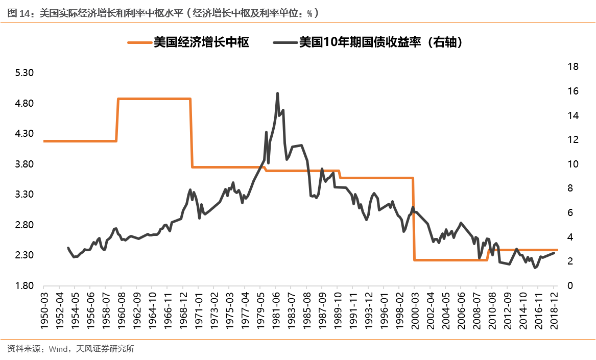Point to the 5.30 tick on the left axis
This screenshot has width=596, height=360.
[25, 73]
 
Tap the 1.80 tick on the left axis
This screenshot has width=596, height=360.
[25, 286]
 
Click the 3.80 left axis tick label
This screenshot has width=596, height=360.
[25, 164]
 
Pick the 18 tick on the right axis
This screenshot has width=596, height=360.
[572, 67]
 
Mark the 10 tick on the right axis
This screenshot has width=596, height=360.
[572, 164]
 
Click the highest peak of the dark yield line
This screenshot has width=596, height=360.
[277, 93]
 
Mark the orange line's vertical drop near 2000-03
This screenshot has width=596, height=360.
[414, 220]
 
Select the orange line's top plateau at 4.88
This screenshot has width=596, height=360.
[153, 99]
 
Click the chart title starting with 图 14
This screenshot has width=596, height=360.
[163, 14]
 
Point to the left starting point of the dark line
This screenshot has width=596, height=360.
[68, 248]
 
